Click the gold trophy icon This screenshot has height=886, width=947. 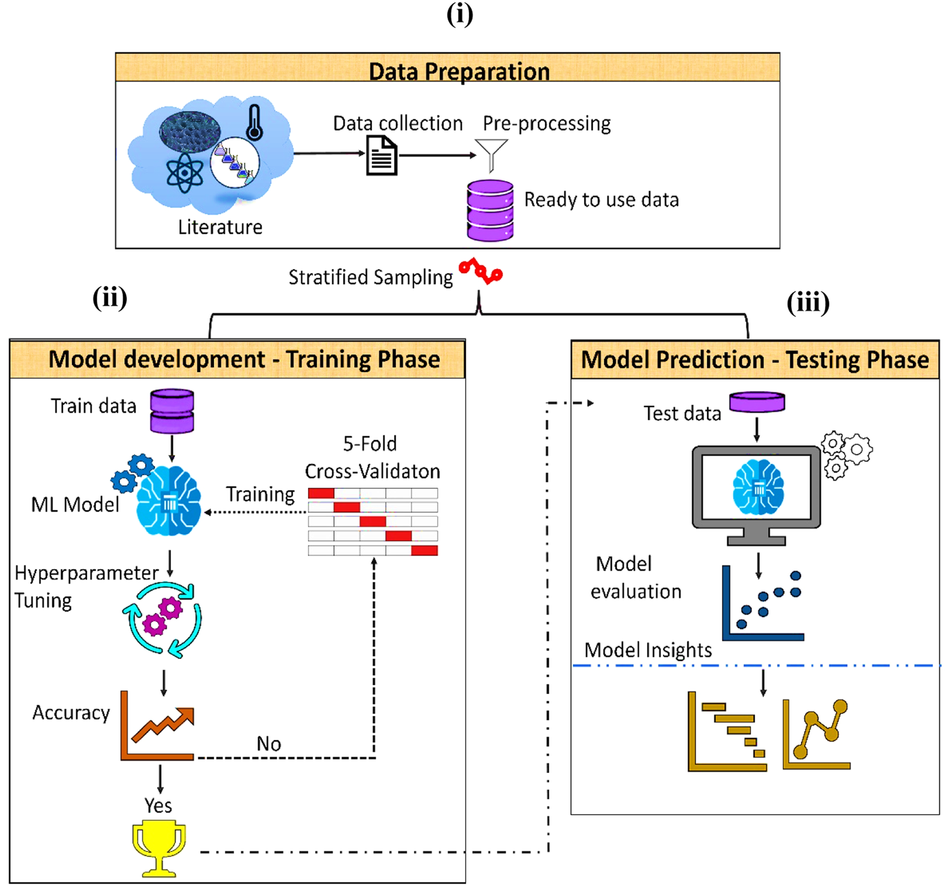[x=158, y=848]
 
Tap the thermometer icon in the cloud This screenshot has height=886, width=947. [x=254, y=122]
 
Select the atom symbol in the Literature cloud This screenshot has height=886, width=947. [x=184, y=172]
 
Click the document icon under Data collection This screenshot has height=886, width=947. [x=381, y=156]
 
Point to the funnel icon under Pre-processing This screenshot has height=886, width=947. [x=491, y=154]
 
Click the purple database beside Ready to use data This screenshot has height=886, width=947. [x=490, y=210]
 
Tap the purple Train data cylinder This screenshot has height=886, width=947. [x=172, y=411]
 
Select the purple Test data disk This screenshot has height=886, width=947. [x=757, y=402]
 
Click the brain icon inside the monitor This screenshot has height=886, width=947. [x=758, y=487]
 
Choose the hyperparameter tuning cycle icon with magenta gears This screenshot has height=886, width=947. [x=163, y=620]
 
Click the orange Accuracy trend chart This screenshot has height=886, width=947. [x=158, y=726]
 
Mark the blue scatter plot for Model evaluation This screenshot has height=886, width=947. [x=763, y=604]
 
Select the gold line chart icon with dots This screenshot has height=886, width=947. [x=816, y=734]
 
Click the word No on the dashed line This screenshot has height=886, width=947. [x=268, y=744]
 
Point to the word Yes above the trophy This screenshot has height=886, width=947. [x=158, y=806]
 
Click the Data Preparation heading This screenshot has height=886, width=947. [x=459, y=71]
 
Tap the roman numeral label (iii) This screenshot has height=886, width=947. [x=807, y=302]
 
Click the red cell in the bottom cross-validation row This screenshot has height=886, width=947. [x=424, y=551]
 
